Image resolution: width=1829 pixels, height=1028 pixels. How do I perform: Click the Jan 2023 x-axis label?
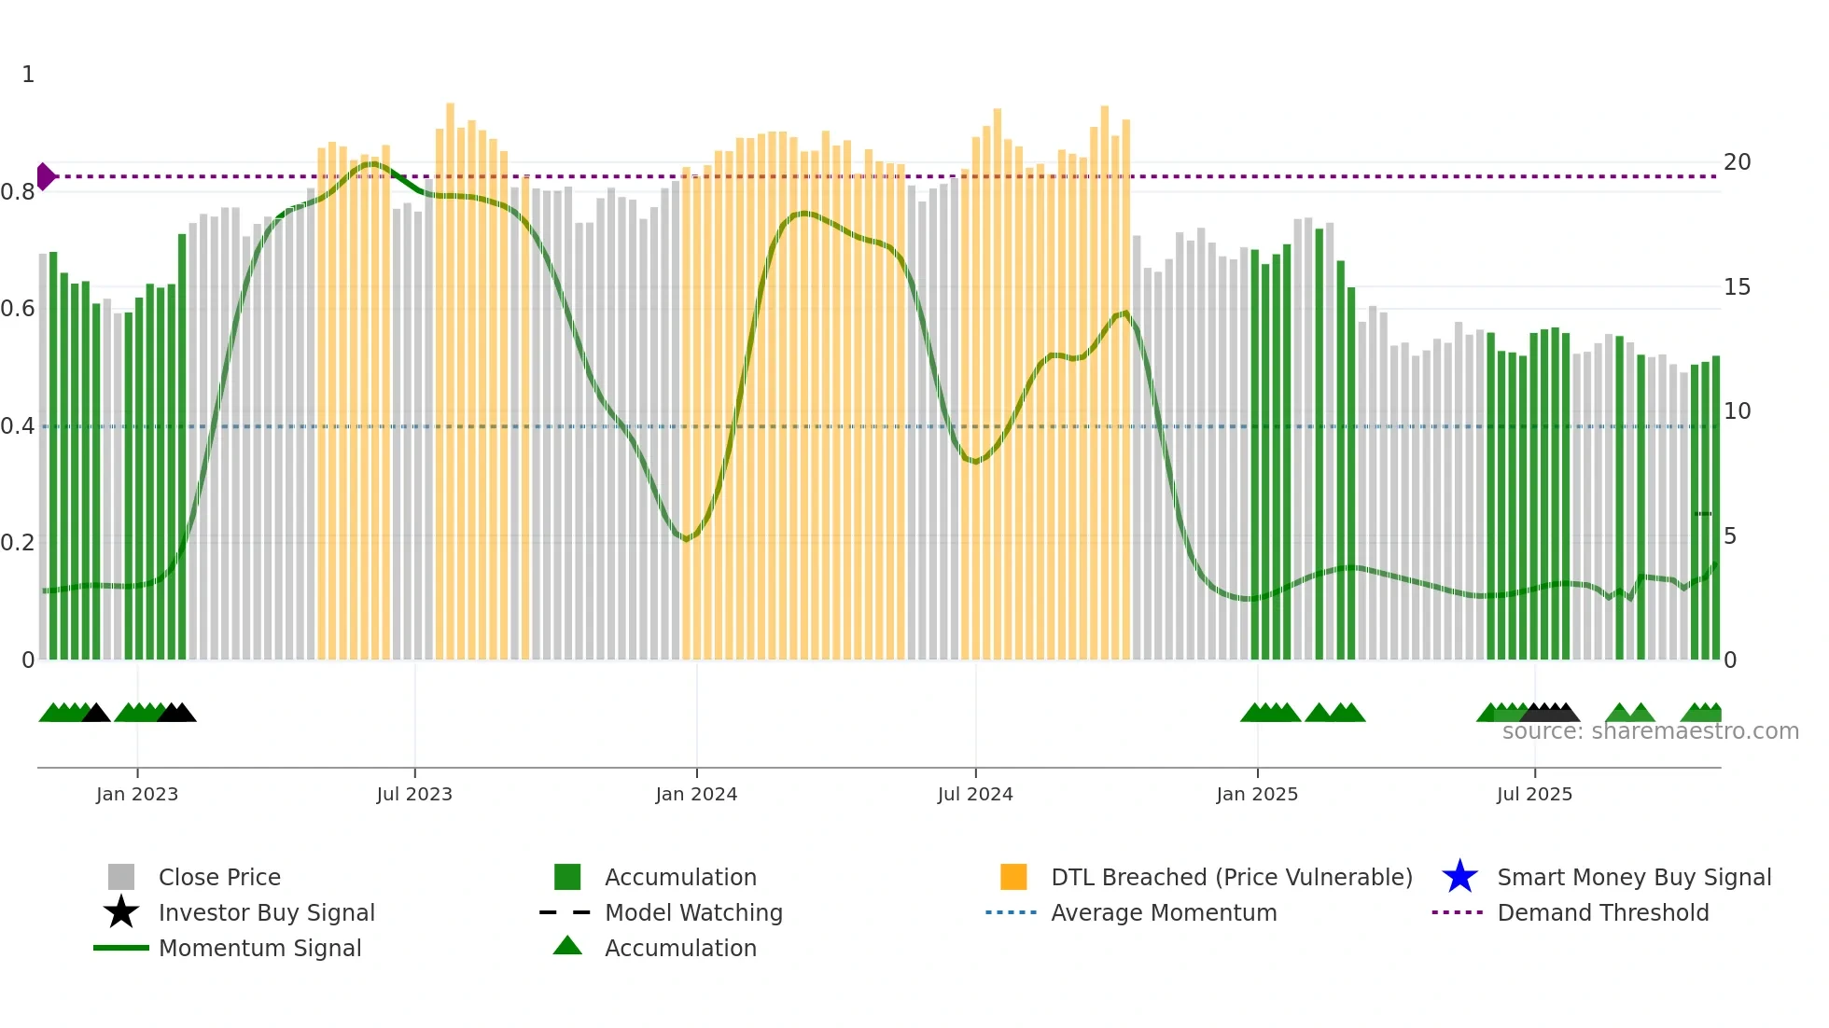pyautogui.click(x=137, y=794)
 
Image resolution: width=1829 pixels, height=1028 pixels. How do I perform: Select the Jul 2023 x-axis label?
pyautogui.click(x=414, y=794)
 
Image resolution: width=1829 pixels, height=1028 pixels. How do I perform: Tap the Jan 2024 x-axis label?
pyautogui.click(x=696, y=794)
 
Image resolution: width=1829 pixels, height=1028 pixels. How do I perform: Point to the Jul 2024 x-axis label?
pyautogui.click(x=975, y=794)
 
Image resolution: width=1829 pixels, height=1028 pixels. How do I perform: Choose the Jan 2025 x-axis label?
pyautogui.click(x=1257, y=794)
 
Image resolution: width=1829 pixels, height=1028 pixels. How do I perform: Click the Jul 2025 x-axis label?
pyautogui.click(x=1534, y=794)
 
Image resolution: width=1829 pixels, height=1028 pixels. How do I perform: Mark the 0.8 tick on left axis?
pyautogui.click(x=18, y=192)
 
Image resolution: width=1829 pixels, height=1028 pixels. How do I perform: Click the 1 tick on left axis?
pyautogui.click(x=28, y=75)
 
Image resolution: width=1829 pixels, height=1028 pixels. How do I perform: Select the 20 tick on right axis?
pyautogui.click(x=1737, y=162)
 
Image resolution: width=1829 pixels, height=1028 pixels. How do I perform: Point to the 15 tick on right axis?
pyautogui.click(x=1737, y=287)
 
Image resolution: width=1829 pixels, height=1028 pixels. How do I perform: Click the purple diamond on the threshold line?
pyautogui.click(x=46, y=176)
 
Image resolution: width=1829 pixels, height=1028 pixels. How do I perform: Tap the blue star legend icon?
pyautogui.click(x=1459, y=877)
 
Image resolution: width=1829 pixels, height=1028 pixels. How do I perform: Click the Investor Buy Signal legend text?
pyautogui.click(x=267, y=912)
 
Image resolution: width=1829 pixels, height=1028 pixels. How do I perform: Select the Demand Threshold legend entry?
pyautogui.click(x=1602, y=912)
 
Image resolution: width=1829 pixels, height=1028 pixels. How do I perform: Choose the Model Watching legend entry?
pyautogui.click(x=693, y=912)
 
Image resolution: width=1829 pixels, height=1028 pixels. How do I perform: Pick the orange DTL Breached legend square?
pyautogui.click(x=1013, y=877)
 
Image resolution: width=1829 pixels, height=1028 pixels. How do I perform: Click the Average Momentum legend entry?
pyautogui.click(x=1164, y=912)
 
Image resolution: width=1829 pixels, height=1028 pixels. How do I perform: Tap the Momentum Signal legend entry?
pyautogui.click(x=259, y=948)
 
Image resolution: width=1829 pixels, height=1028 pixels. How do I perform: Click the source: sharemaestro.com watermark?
pyautogui.click(x=1650, y=731)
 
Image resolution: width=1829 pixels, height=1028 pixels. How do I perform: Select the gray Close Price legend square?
pyautogui.click(x=121, y=877)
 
